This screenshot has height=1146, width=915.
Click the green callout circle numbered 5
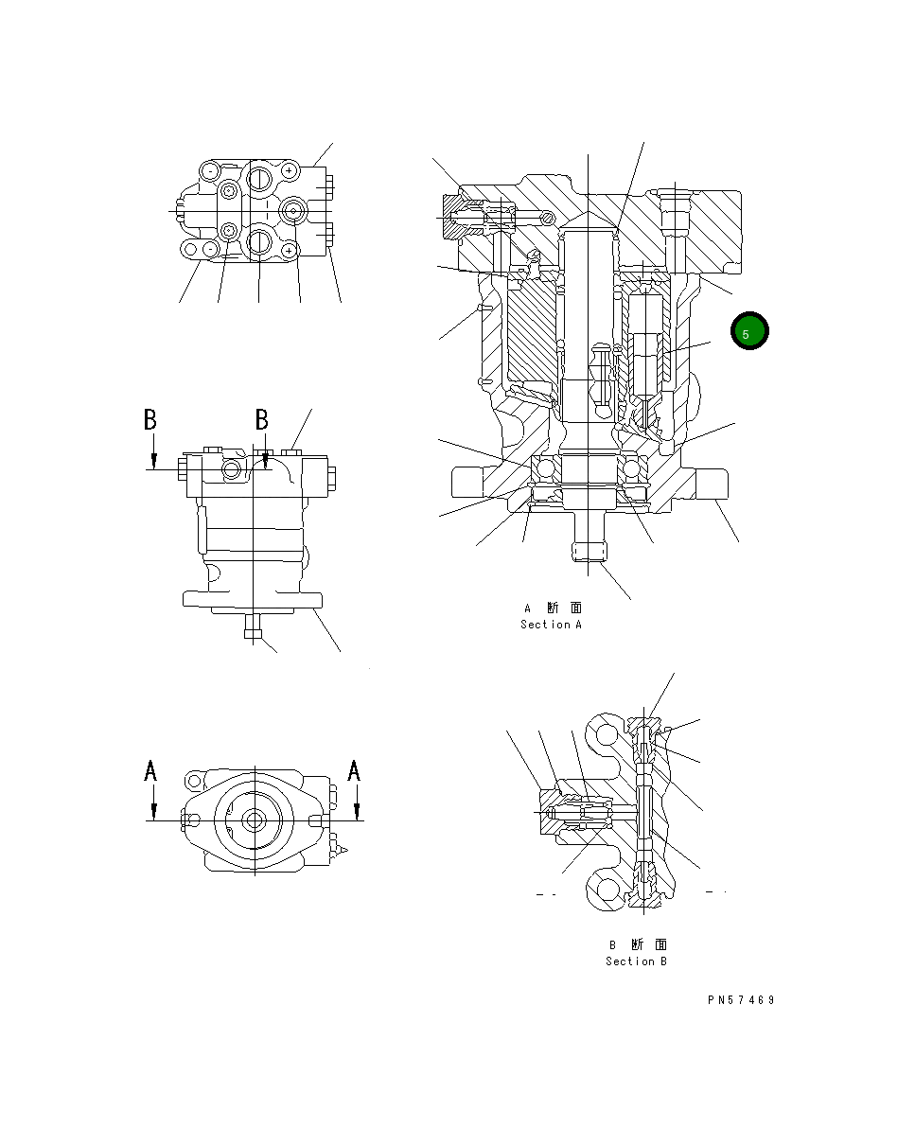click(749, 332)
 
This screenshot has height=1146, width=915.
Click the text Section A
click(551, 625)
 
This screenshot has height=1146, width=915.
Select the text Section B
click(636, 961)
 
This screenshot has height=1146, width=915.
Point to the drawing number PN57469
click(740, 1000)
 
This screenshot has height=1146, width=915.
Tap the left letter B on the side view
click(150, 419)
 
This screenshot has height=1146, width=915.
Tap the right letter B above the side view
click(263, 419)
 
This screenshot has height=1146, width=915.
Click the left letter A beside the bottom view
click(151, 771)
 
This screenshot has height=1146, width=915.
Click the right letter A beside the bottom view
click(354, 771)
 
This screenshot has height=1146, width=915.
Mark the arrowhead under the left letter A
click(153, 811)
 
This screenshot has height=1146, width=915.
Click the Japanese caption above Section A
click(554, 608)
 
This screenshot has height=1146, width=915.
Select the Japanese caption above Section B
click(638, 944)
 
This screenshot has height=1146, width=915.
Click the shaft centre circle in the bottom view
click(253, 820)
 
